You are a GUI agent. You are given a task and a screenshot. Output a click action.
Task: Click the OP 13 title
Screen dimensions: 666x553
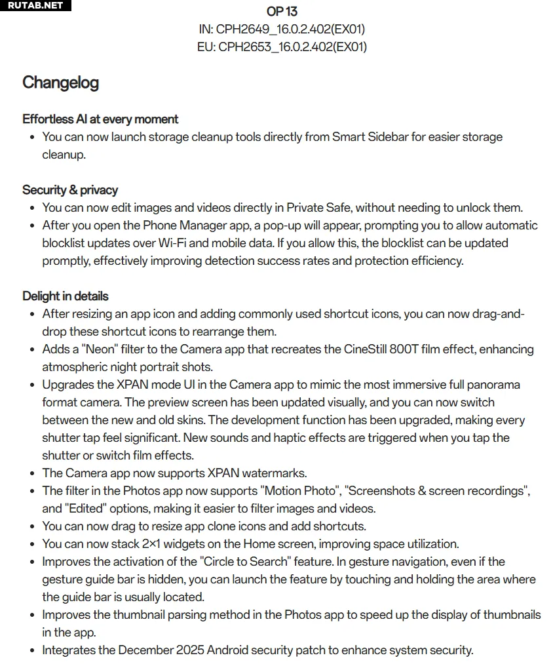pyautogui.click(x=282, y=12)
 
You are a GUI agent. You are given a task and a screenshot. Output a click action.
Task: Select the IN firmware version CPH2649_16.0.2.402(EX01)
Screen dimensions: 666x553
pyautogui.click(x=290, y=29)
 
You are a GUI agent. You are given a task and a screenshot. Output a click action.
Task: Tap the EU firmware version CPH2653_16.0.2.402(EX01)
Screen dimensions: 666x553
pyautogui.click(x=292, y=47)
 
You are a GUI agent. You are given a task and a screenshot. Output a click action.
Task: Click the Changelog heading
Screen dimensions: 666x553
pyautogui.click(x=60, y=83)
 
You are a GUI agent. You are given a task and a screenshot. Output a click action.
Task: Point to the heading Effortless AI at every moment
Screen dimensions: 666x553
pyautogui.click(x=100, y=119)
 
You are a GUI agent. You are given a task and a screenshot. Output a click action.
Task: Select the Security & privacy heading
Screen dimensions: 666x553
pyautogui.click(x=70, y=190)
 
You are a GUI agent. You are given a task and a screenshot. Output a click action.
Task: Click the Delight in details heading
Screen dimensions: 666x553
pyautogui.click(x=66, y=296)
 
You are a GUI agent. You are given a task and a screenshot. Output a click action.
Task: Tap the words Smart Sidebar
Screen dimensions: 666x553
pyautogui.click(x=370, y=137)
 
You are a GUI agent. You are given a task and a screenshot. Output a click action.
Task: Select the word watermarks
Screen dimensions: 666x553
pyautogui.click(x=275, y=473)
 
